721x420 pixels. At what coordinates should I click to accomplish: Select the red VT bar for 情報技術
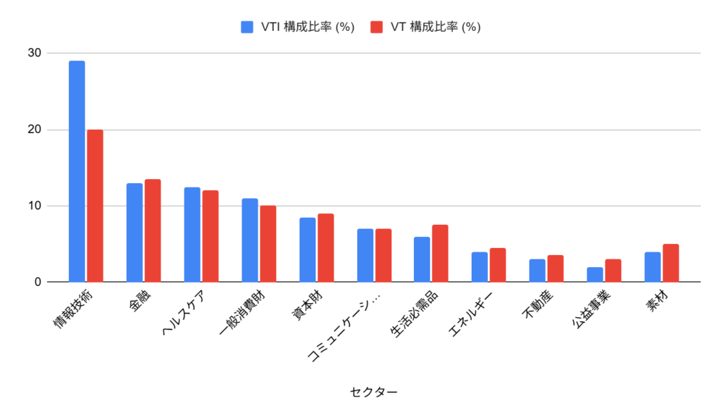[94, 206]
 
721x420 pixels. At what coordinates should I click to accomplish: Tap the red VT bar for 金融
[152, 230]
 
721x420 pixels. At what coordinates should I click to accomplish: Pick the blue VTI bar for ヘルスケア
[192, 235]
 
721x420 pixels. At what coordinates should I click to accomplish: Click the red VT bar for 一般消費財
[268, 244]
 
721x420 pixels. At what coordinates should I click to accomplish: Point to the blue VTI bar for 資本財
[308, 250]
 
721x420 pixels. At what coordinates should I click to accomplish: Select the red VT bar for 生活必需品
[440, 254]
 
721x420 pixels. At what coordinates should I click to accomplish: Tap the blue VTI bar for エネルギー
[479, 267]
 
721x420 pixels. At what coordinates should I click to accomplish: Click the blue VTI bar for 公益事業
[595, 275]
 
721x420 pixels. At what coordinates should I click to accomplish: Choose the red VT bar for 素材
[670, 263]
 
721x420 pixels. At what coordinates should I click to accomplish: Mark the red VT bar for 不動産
[555, 268]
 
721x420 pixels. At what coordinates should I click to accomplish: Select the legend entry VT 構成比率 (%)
[425, 27]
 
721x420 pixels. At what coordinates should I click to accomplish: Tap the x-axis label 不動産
[541, 307]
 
